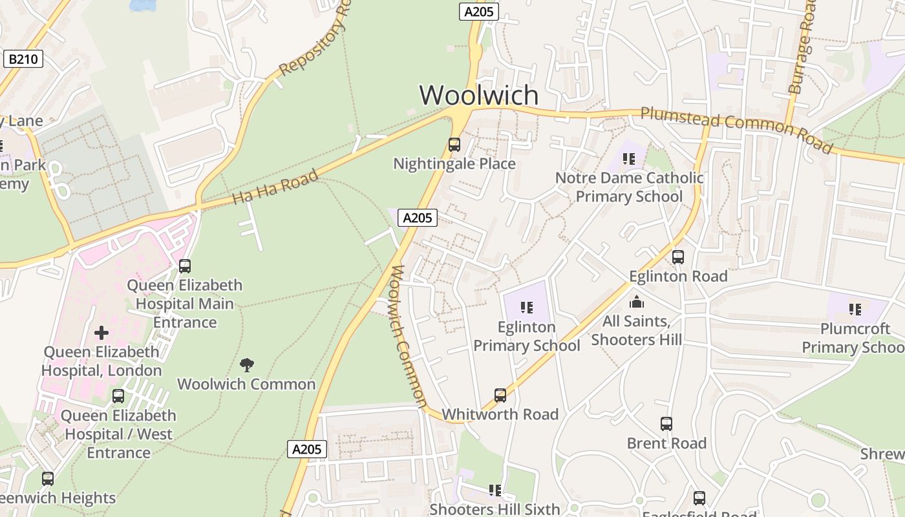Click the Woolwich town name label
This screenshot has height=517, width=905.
(x=478, y=95)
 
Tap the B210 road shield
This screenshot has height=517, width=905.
(x=23, y=59)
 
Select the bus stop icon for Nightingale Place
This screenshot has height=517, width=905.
(x=454, y=144)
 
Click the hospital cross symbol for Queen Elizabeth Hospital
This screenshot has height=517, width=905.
(x=101, y=333)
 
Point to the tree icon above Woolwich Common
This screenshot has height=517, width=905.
(x=246, y=364)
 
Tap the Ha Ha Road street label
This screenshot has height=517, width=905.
(x=275, y=186)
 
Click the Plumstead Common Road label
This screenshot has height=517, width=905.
(x=736, y=130)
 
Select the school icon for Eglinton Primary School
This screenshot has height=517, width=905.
(x=527, y=308)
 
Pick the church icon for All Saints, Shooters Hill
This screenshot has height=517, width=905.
(x=637, y=302)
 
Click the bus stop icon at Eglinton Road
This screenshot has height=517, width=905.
(x=678, y=257)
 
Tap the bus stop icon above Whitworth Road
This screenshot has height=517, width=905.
(x=500, y=395)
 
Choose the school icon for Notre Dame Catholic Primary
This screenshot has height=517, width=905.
(x=629, y=158)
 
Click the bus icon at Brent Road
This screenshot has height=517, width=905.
(x=666, y=424)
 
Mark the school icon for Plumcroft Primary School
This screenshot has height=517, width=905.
(x=855, y=310)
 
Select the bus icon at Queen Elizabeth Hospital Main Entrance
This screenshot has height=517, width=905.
(x=185, y=266)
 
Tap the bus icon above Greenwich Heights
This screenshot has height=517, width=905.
(x=48, y=479)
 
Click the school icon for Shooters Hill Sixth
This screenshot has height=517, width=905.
(x=495, y=491)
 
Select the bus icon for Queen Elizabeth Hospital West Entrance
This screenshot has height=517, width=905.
(x=118, y=396)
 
